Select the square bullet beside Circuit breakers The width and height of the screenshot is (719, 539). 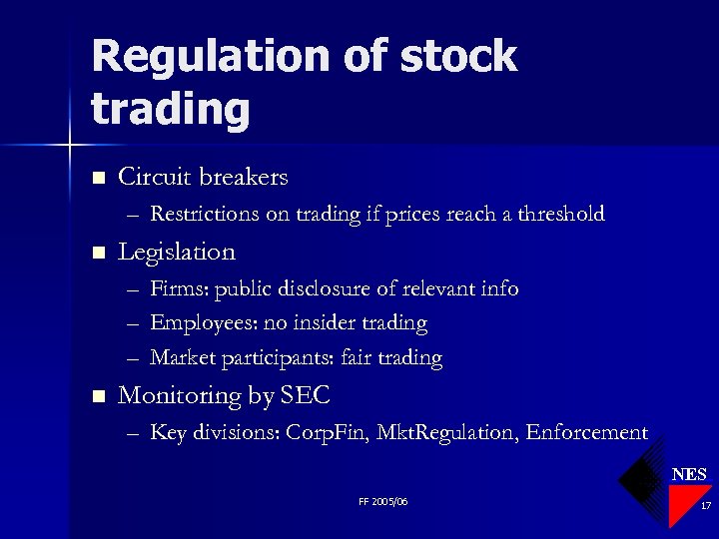point(97,179)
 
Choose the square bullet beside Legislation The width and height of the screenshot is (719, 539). point(97,254)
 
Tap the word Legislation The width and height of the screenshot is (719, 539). point(177,253)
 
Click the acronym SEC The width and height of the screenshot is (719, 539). point(306,396)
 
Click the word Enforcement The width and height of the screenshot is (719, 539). point(587,433)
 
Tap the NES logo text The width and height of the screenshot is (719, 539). point(689,474)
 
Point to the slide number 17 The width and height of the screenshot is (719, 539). point(705,507)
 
